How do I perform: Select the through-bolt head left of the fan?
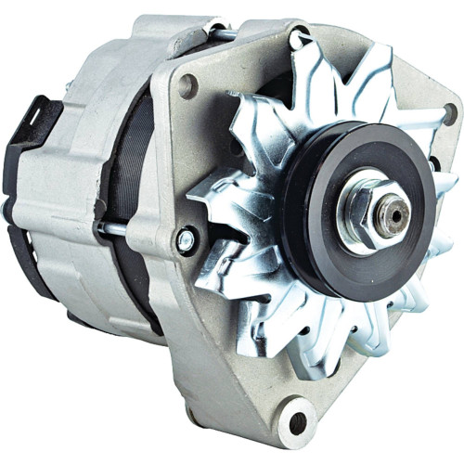click(185, 240)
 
